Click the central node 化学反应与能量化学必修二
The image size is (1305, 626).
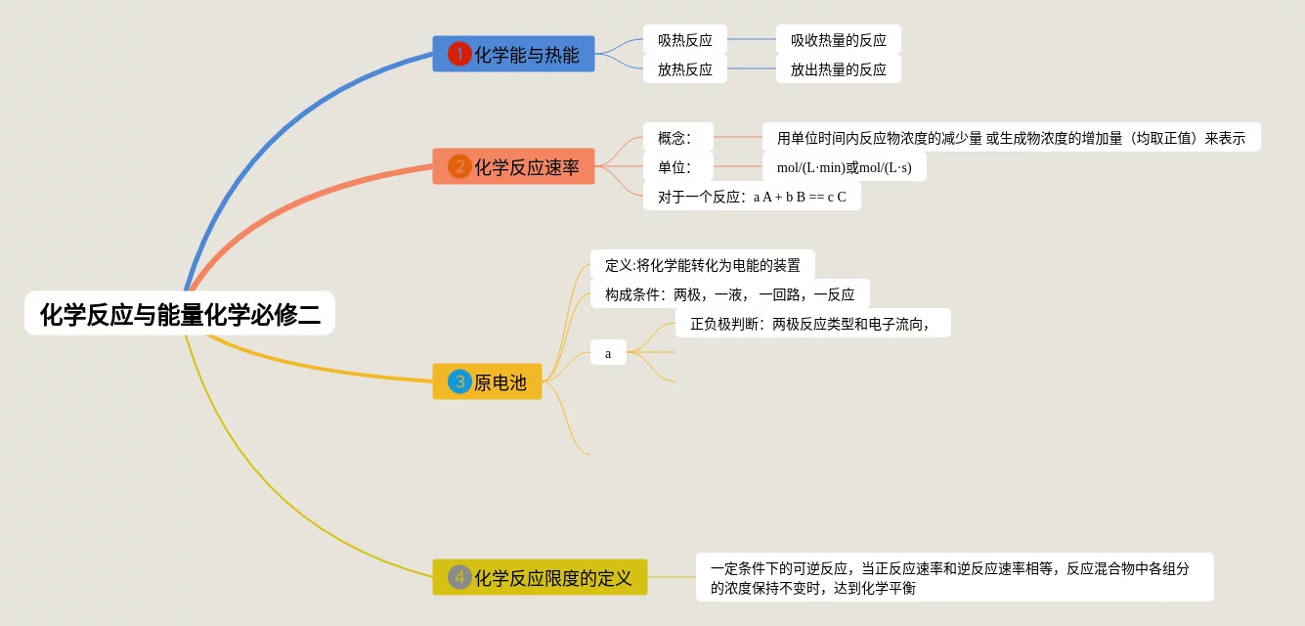pyautogui.click(x=180, y=314)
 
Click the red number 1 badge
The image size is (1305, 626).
pyautogui.click(x=459, y=54)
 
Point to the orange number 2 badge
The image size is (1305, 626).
pyautogui.click(x=459, y=166)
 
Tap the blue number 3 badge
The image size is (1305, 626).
pyautogui.click(x=459, y=380)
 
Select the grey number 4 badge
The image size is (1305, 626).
pyautogui.click(x=459, y=577)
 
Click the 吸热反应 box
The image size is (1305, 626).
pyautogui.click(x=684, y=40)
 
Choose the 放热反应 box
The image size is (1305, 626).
pyautogui.click(x=684, y=69)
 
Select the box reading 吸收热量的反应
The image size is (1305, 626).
pyautogui.click(x=838, y=40)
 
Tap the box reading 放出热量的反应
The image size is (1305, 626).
pyautogui.click(x=838, y=69)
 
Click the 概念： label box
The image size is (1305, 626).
pyautogui.click(x=677, y=138)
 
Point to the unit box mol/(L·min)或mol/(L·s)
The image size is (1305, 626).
pyautogui.click(x=844, y=167)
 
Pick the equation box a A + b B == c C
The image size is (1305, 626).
pyautogui.click(x=752, y=196)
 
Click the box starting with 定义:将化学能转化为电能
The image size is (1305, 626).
pyautogui.click(x=702, y=265)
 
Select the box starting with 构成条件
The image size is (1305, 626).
pyautogui.click(x=729, y=294)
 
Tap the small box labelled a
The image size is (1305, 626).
pyautogui.click(x=608, y=353)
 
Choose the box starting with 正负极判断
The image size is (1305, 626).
pyautogui.click(x=812, y=324)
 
